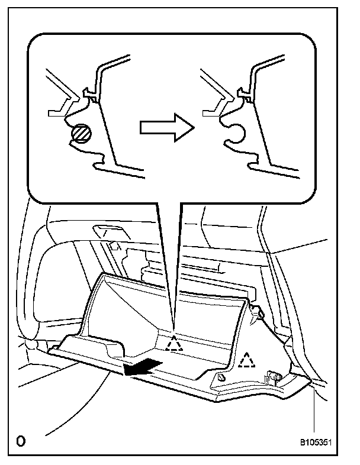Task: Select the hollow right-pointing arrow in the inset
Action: point(166,128)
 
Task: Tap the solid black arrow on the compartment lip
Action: point(142,367)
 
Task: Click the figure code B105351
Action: point(319,442)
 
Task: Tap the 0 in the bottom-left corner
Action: point(21,441)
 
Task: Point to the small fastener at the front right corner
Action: point(221,377)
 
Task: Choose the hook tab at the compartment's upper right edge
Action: point(257,313)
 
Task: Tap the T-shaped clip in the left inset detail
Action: point(90,93)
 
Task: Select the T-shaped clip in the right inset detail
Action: point(242,93)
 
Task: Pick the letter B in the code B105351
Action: point(302,442)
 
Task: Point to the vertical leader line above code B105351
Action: point(313,408)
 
